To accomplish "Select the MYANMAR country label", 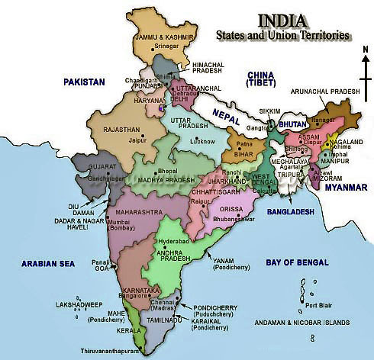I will tap(343, 187).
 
